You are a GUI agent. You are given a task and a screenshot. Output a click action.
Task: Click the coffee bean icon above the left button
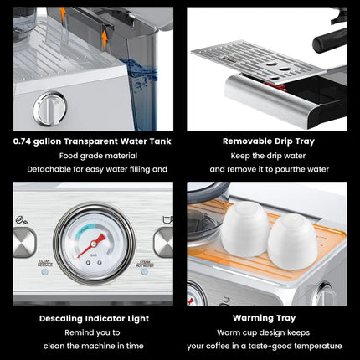point(18,220)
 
